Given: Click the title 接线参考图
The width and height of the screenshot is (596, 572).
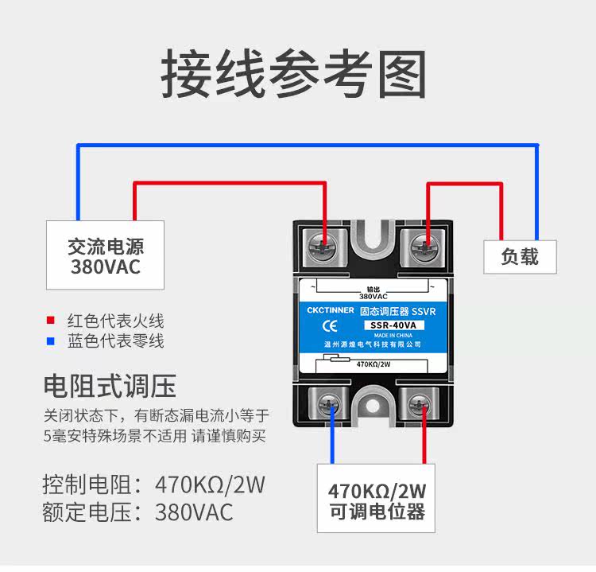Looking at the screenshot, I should pyautogui.click(x=294, y=76).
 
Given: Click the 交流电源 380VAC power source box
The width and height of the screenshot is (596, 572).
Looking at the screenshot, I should pyautogui.click(x=105, y=255).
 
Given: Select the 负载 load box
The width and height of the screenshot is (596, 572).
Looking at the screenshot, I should pyautogui.click(x=520, y=256).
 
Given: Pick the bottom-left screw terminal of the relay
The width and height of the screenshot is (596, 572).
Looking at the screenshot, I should pyautogui.click(x=328, y=406).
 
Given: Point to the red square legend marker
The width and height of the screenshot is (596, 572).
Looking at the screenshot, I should pyautogui.click(x=51, y=321).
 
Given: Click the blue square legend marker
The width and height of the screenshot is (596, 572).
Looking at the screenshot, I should pyautogui.click(x=51, y=342).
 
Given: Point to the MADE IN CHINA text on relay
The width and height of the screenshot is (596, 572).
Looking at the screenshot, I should pyautogui.click(x=396, y=335).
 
